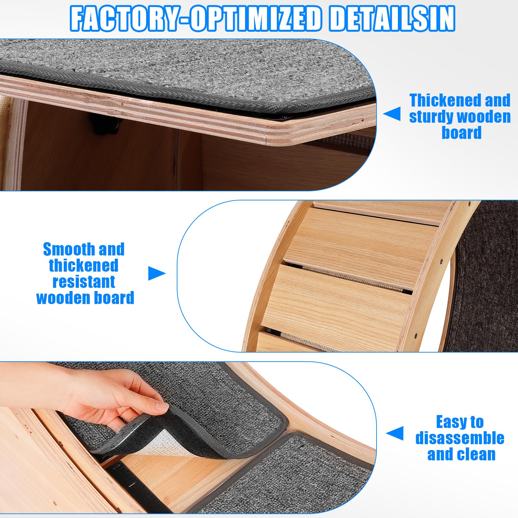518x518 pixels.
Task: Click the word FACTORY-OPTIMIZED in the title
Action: [196, 19]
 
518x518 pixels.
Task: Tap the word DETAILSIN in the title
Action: [392, 19]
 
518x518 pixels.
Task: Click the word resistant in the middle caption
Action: [84, 282]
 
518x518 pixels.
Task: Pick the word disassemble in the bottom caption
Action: [460, 438]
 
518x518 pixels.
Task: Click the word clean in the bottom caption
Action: [477, 454]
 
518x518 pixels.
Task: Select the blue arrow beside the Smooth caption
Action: [157, 274]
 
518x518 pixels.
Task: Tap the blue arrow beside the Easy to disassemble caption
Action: [395, 433]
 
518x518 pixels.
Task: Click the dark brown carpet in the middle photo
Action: [486, 275]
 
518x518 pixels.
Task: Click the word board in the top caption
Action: [461, 133]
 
